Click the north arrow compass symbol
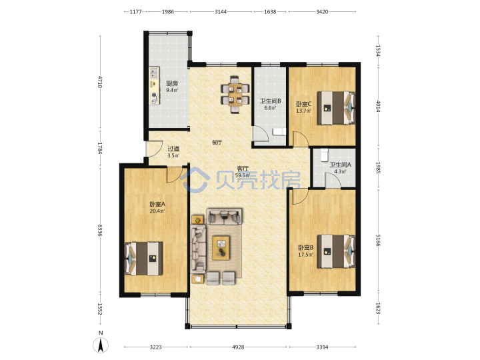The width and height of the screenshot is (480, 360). (x=101, y=345)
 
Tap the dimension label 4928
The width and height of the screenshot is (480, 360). (x=238, y=347)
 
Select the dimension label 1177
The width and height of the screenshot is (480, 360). (x=135, y=11)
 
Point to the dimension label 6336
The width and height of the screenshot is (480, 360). (x=99, y=230)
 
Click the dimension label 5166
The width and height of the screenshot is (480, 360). (x=379, y=240)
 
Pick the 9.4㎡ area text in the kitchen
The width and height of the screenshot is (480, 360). (x=172, y=90)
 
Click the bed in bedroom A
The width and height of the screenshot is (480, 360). (x=143, y=259)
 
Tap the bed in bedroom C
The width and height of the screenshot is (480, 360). (x=336, y=108)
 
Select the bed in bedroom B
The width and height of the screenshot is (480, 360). (x=336, y=251)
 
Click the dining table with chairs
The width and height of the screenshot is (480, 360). (x=235, y=95)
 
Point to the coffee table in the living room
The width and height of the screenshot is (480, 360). (x=221, y=248)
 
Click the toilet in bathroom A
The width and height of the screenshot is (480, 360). (x=324, y=155)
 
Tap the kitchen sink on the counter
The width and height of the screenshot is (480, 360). (x=154, y=73)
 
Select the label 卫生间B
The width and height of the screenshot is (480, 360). (x=270, y=101)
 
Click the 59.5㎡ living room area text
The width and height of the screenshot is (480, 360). (x=243, y=175)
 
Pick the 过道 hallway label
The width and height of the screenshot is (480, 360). (x=173, y=149)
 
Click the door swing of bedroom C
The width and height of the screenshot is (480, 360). (x=301, y=139)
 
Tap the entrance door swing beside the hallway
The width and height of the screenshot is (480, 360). (x=154, y=149)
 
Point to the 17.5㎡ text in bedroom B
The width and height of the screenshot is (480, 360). (x=305, y=255)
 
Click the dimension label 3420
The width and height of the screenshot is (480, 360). (x=322, y=11)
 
